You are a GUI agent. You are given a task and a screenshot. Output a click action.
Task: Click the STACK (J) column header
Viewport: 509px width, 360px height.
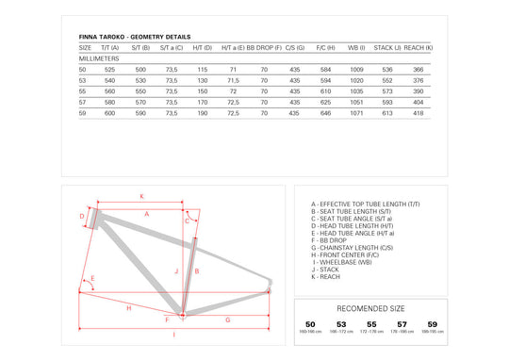(387, 47)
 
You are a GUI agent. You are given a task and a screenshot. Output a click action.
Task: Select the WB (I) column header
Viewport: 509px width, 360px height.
(356, 47)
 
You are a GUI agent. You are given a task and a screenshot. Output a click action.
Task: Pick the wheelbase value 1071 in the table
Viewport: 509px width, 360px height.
(356, 112)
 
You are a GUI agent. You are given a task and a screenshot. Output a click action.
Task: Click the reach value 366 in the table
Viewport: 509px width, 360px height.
(419, 70)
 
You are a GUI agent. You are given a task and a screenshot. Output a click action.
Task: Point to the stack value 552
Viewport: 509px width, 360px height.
(387, 80)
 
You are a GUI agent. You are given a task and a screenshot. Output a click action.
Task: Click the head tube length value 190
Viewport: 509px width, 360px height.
(202, 112)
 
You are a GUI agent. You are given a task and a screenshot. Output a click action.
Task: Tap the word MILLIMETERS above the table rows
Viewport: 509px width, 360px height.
(97, 58)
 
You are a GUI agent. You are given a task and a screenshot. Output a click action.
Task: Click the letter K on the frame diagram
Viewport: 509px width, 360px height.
(140, 196)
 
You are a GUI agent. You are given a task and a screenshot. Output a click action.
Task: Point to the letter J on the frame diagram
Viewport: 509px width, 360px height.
(176, 270)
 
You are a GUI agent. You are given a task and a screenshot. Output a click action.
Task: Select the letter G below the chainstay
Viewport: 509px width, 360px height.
(227, 320)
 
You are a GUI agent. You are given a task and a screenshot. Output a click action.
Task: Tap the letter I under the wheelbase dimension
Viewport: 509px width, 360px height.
(173, 335)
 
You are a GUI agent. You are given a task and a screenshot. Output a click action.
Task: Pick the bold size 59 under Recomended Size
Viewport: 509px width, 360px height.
(432, 324)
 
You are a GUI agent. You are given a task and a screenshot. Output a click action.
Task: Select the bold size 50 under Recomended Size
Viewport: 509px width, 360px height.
(310, 324)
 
